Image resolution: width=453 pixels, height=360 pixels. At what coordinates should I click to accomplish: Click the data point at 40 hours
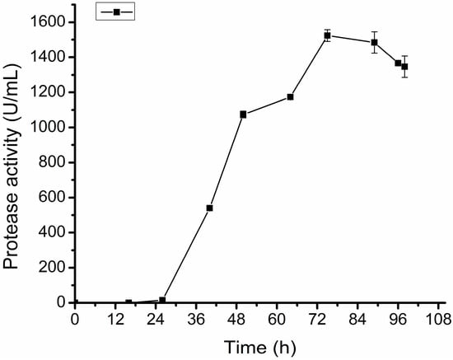pos(209,208)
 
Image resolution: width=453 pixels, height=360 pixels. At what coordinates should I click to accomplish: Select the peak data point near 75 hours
pos(327,35)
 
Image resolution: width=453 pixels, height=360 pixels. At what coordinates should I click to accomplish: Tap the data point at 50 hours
pos(243,114)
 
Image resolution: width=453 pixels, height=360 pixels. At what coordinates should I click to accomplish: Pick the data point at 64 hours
pos(290,96)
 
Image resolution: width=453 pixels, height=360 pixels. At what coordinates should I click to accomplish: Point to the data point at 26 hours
pos(162,300)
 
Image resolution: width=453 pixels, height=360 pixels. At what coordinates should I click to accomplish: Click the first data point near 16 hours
pos(128,302)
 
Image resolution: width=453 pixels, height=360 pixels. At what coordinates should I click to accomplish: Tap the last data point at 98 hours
pos(404,66)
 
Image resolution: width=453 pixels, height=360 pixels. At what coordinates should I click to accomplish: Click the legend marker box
pos(115,12)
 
